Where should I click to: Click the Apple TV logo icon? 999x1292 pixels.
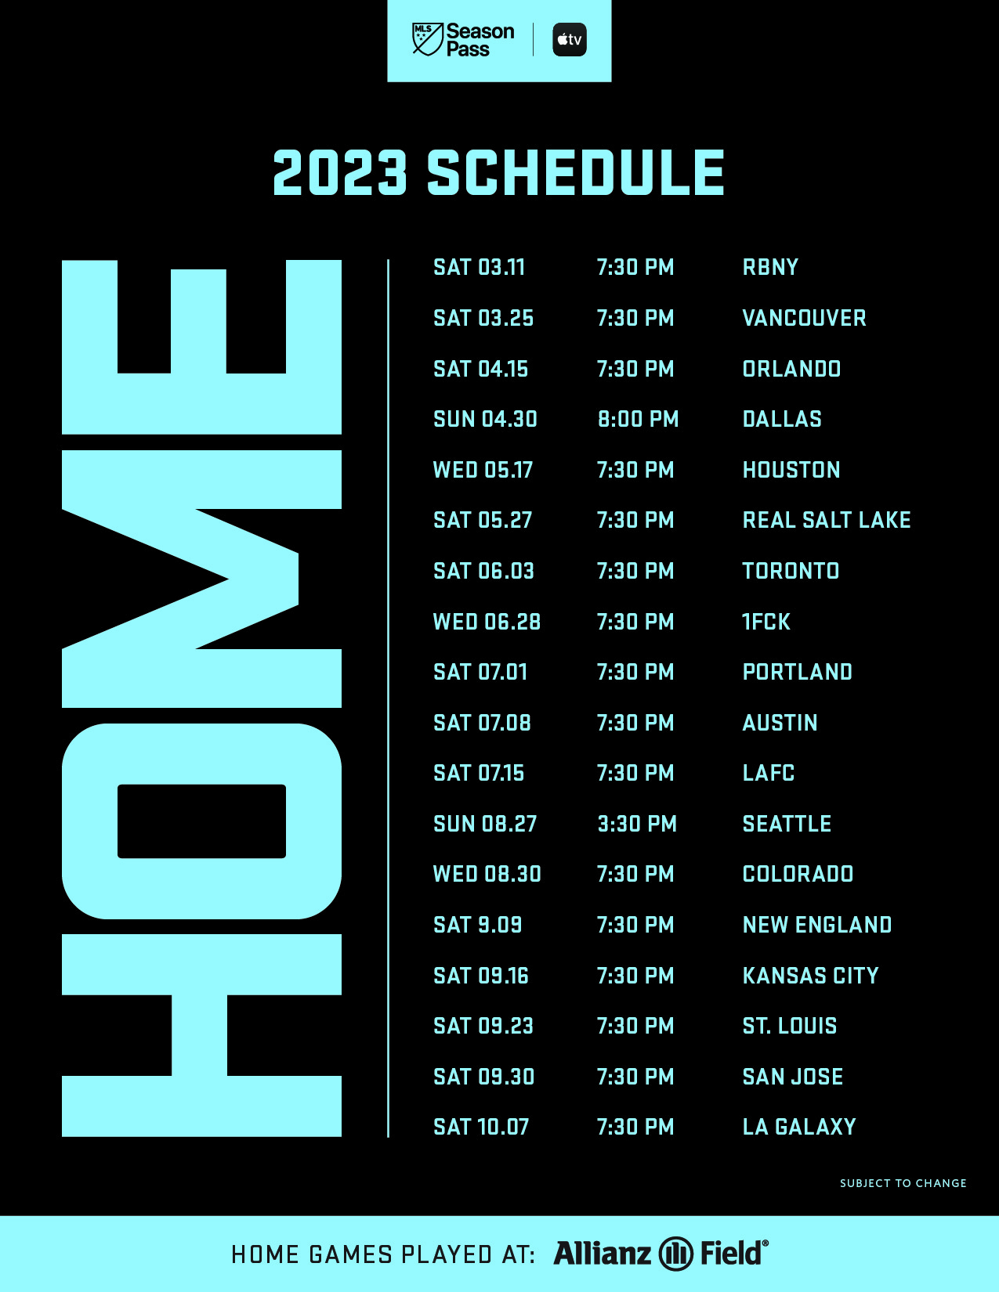pyautogui.click(x=570, y=40)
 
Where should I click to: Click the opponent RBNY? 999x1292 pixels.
pyautogui.click(x=770, y=268)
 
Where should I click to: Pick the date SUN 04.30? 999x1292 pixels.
pyautogui.click(x=485, y=419)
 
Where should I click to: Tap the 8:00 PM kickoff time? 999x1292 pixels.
pyautogui.click(x=638, y=419)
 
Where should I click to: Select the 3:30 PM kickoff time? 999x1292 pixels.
pyautogui.click(x=637, y=824)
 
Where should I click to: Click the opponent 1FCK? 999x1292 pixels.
pyautogui.click(x=766, y=622)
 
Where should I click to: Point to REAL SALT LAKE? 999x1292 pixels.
pyautogui.click(x=827, y=520)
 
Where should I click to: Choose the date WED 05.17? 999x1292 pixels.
pyautogui.click(x=483, y=471)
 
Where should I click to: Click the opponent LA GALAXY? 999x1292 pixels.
pyautogui.click(x=799, y=1127)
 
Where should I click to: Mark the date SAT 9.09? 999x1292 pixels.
pyautogui.click(x=478, y=926)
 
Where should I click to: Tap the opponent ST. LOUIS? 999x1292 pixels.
pyautogui.click(x=790, y=1027)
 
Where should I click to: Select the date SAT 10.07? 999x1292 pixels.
pyautogui.click(x=481, y=1127)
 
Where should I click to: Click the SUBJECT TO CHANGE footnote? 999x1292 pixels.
pyautogui.click(x=903, y=1183)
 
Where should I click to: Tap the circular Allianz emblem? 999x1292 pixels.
pyautogui.click(x=676, y=1254)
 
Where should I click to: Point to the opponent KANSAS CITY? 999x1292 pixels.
pyautogui.click(x=810, y=976)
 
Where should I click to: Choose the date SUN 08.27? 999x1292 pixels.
pyautogui.click(x=485, y=824)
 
